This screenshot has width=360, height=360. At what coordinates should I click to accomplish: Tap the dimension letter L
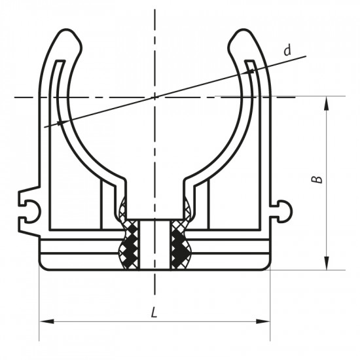[154, 312]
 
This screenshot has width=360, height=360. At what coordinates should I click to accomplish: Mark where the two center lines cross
[155, 97]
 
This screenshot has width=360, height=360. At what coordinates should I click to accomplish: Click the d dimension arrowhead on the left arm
[60, 122]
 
